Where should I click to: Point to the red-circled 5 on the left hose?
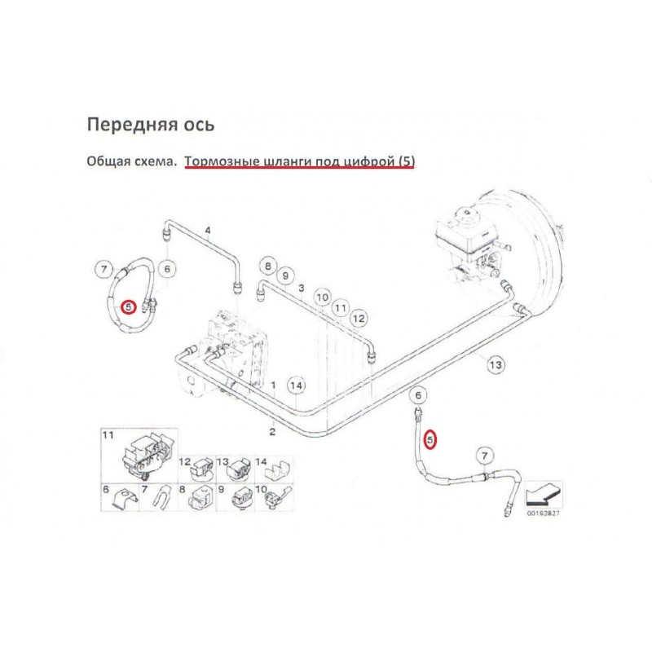tap(128, 306)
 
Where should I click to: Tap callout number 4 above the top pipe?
tap(208, 231)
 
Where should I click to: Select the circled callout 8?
tap(267, 265)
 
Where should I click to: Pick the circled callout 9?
tap(285, 276)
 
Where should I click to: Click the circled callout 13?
tap(495, 365)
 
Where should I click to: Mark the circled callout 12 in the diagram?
tap(359, 318)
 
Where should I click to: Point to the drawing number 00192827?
tap(544, 513)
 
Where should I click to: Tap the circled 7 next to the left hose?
tap(103, 268)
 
